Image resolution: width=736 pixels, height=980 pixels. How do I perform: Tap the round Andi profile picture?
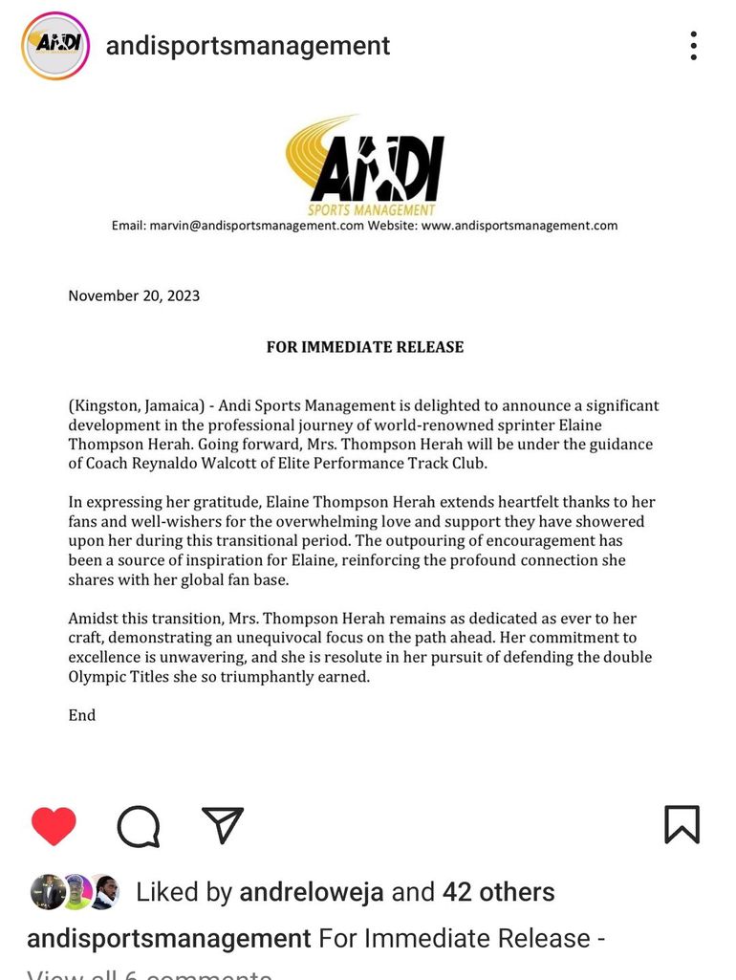[x=55, y=46]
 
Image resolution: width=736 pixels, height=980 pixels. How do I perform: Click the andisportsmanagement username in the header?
[x=248, y=46]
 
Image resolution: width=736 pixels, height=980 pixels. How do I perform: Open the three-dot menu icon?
[x=693, y=46]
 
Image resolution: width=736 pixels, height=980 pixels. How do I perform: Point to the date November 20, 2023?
[x=134, y=295]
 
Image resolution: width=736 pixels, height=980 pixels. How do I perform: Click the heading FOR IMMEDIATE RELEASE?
[x=365, y=347]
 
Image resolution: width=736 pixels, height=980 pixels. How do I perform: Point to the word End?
[x=82, y=715]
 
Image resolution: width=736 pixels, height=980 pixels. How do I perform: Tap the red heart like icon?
[x=54, y=825]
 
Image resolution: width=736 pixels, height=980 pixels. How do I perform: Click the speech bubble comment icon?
[x=138, y=825]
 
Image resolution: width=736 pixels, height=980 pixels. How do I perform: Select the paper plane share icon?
[x=223, y=825]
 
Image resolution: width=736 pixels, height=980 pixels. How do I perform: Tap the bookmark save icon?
[x=682, y=825]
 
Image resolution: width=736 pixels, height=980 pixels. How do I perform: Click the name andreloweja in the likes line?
[x=312, y=893]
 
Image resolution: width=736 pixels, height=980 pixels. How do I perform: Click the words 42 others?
[x=498, y=893]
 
